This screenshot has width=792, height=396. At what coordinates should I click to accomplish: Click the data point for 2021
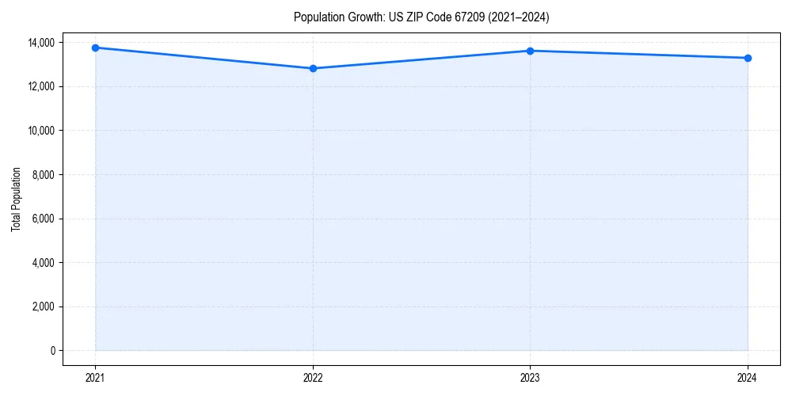95,48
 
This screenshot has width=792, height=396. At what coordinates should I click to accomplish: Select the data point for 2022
313,68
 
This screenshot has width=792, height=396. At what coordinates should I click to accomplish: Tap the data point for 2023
530,51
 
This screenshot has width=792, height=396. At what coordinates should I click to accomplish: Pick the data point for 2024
748,58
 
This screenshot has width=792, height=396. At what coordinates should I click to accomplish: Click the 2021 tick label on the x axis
95,377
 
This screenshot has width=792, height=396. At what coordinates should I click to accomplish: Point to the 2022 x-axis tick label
313,377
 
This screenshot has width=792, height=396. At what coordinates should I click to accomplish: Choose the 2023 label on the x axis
530,377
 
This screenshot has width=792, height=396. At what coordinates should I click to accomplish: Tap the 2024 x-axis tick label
748,377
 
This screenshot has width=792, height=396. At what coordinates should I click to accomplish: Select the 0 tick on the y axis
53,351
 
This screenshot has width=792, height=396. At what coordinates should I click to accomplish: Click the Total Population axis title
16,199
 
